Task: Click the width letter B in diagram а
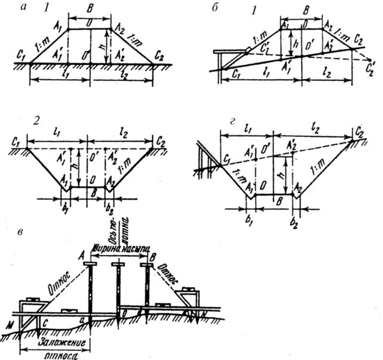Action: [x=90, y=9]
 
